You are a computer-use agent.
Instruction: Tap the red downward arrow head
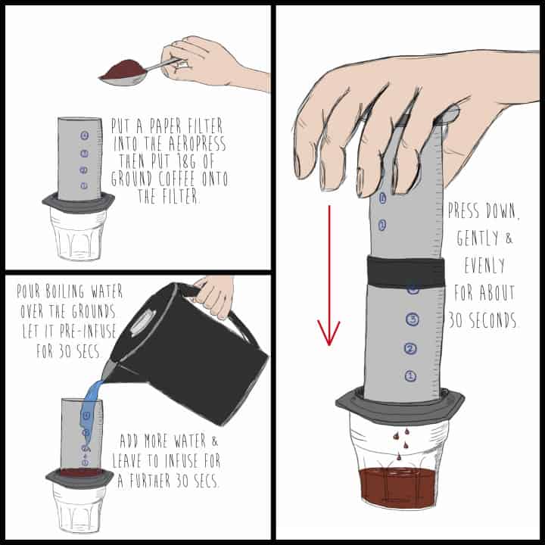coord(329,333)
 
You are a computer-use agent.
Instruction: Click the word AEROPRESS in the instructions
coord(198,143)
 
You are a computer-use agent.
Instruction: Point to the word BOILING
coord(65,291)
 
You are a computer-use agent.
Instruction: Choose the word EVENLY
coord(484,265)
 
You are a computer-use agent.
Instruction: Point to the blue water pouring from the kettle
coord(90,410)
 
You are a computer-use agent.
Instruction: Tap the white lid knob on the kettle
coord(143,320)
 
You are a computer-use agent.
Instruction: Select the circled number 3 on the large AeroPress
coord(413,319)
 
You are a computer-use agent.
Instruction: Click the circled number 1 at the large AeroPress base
coord(410,375)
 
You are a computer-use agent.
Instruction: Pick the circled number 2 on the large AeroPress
coord(410,348)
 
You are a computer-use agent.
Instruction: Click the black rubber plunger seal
coord(406,272)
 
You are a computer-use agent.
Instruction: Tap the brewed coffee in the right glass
coord(398,486)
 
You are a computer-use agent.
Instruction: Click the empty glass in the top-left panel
coord(78,235)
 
